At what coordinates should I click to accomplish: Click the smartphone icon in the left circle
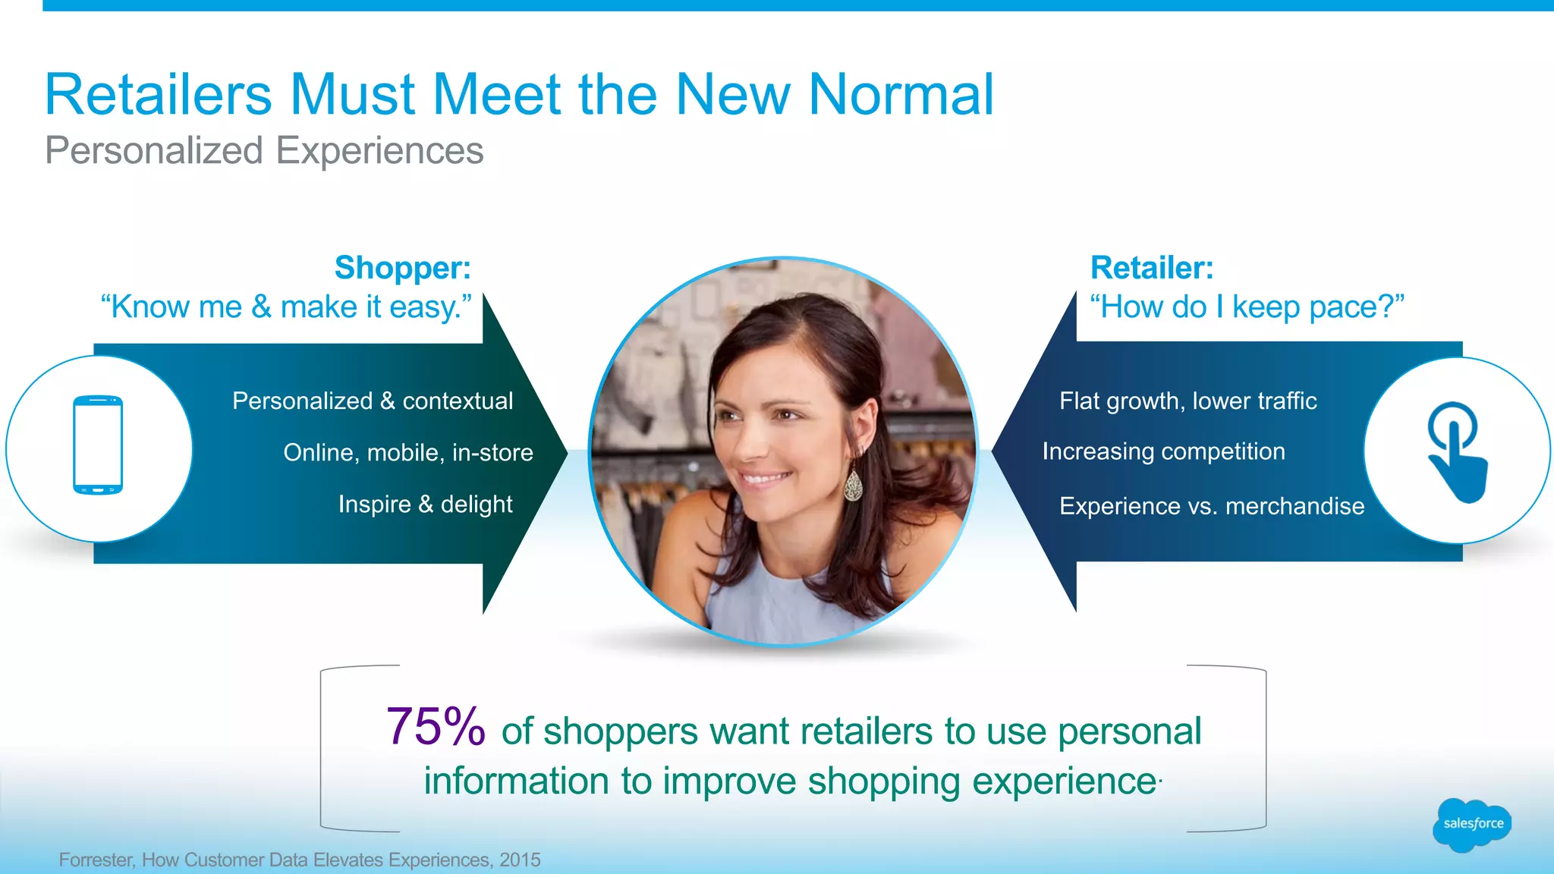point(98,445)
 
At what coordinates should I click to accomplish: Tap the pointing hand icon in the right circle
point(1456,451)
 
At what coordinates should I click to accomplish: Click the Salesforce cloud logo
point(1471,824)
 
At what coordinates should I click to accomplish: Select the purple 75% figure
point(436,727)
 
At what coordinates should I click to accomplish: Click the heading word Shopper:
point(403,268)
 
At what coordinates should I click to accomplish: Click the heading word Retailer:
point(1152,268)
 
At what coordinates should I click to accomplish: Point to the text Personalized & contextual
point(373,401)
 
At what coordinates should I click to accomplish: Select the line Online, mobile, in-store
point(408,452)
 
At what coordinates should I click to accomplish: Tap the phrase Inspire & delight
point(425,504)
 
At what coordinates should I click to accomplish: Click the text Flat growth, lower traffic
point(1188,401)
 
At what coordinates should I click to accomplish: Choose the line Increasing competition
point(1163,451)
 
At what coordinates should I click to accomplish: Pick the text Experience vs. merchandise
point(1212,506)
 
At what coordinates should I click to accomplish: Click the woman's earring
point(854,486)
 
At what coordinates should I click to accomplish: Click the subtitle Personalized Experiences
point(264,150)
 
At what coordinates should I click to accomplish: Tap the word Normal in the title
point(901,95)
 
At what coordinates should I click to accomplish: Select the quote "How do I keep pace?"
point(1247,307)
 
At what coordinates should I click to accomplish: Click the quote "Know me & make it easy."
point(286,307)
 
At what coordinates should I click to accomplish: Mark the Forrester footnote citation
point(300,860)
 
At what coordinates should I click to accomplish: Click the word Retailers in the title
point(158,95)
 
